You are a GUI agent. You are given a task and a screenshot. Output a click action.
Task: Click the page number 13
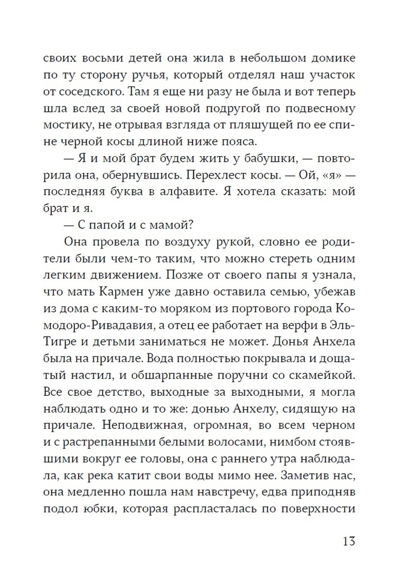pos(349,540)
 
